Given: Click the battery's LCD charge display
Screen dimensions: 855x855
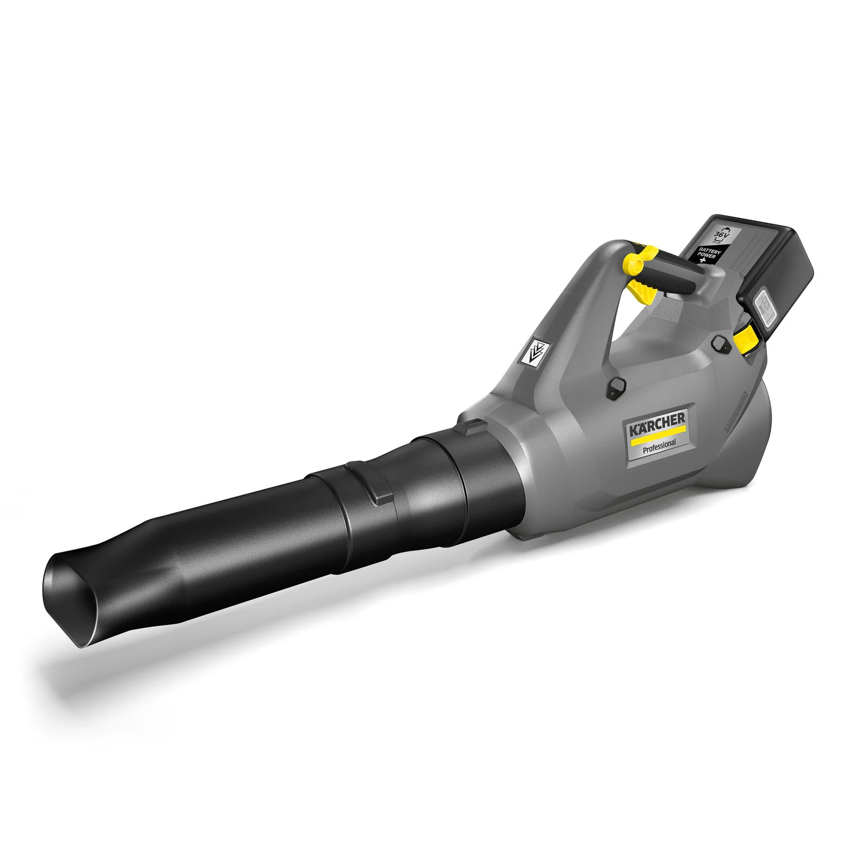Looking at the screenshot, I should coord(764,312).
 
